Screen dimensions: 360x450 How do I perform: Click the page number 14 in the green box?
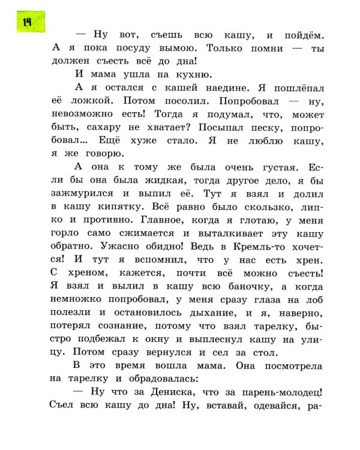tap(27, 22)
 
